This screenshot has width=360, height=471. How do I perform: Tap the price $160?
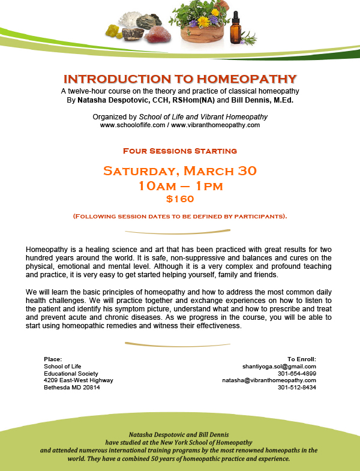coord(180,199)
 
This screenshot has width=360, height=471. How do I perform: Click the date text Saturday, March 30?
coord(180,170)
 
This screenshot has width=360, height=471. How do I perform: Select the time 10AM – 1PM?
coord(180,185)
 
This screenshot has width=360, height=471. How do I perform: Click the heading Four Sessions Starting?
coord(180,151)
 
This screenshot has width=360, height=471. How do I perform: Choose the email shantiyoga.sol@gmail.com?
coord(278,366)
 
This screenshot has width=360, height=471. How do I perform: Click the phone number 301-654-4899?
coord(297,373)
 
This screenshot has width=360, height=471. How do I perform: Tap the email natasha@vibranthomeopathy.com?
coord(269,380)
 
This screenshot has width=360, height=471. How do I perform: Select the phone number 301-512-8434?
coord(297,388)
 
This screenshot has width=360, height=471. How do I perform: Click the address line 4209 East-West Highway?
coord(78,380)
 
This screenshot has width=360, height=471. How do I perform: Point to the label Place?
coord(53,359)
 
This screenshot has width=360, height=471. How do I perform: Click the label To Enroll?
coord(302,359)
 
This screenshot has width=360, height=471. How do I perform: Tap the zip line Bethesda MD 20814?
coord(72,388)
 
